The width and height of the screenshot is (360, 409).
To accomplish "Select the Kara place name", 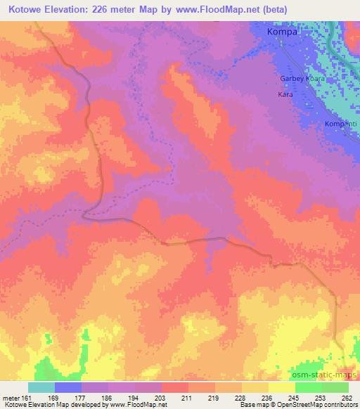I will [x=285, y=93].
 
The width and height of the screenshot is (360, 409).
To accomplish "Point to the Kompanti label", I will [x=341, y=124].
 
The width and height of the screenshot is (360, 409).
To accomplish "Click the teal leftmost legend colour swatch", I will [x=41, y=387].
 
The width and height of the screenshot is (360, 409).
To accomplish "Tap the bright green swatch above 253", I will [x=309, y=387].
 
